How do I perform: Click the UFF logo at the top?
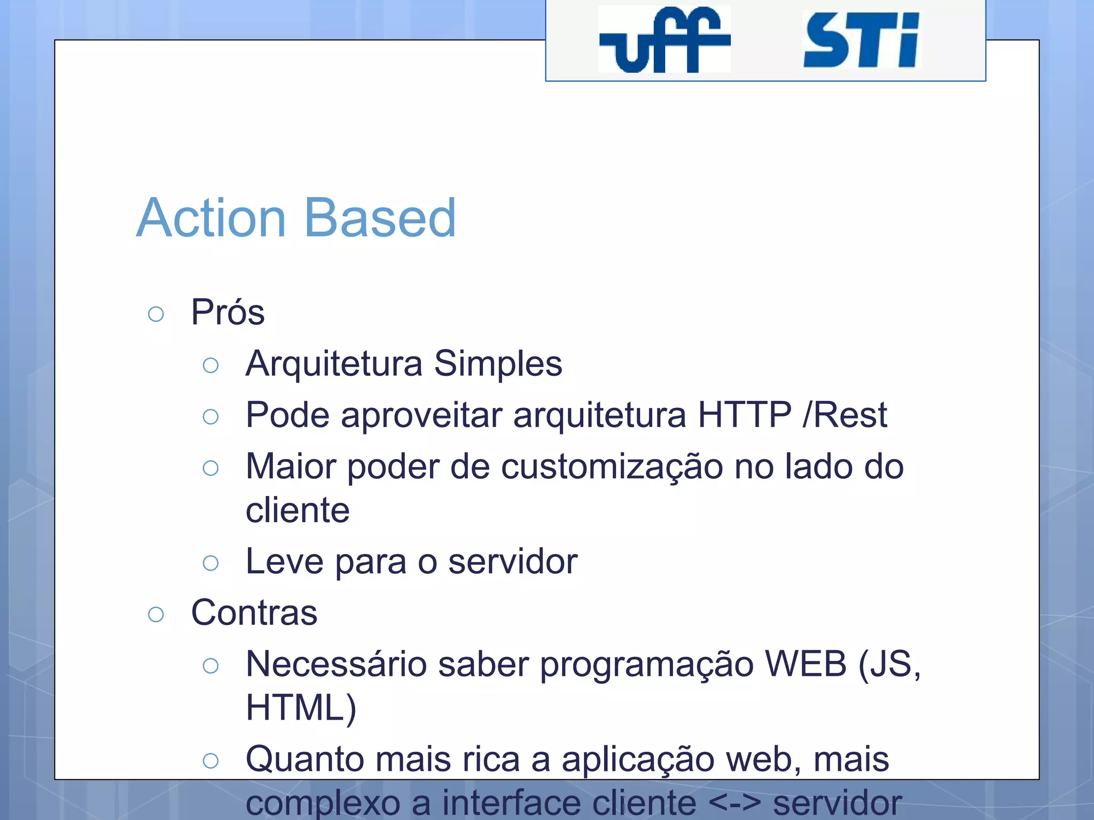(664, 40)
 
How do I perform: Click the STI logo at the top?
(861, 41)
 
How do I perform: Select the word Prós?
(228, 312)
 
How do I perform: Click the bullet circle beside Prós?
(156, 314)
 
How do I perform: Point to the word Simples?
(498, 364)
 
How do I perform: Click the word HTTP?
(745, 415)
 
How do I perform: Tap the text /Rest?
(845, 415)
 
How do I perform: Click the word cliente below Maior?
(298, 510)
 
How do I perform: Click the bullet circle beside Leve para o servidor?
(211, 563)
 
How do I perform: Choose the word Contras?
(254, 613)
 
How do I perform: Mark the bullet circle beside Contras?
(156, 614)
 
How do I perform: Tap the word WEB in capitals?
(806, 665)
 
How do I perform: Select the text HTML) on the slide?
(301, 708)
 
